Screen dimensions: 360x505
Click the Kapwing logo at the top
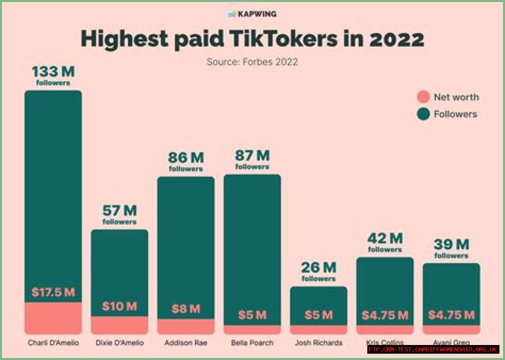[x=252, y=14]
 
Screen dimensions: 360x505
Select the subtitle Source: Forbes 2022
[x=252, y=62]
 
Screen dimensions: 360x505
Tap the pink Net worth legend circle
[x=423, y=97]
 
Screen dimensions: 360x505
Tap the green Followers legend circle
[x=423, y=114]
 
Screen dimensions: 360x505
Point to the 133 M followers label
[x=53, y=75]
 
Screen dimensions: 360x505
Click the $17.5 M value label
[x=53, y=292]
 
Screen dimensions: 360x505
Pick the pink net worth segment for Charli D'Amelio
[x=53, y=318]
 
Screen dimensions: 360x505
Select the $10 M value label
[x=120, y=306]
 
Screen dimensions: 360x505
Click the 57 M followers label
[x=120, y=215]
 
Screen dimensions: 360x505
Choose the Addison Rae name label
[x=186, y=343]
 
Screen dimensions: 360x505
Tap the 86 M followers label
[x=186, y=161]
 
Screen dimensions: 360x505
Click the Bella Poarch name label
[x=252, y=343]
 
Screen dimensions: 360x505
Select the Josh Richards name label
[x=318, y=343]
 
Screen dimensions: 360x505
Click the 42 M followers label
[x=385, y=242]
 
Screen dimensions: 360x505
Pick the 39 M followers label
[x=451, y=248]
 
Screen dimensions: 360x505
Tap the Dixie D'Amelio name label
[x=120, y=343]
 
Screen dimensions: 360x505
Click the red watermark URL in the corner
[x=433, y=350]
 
